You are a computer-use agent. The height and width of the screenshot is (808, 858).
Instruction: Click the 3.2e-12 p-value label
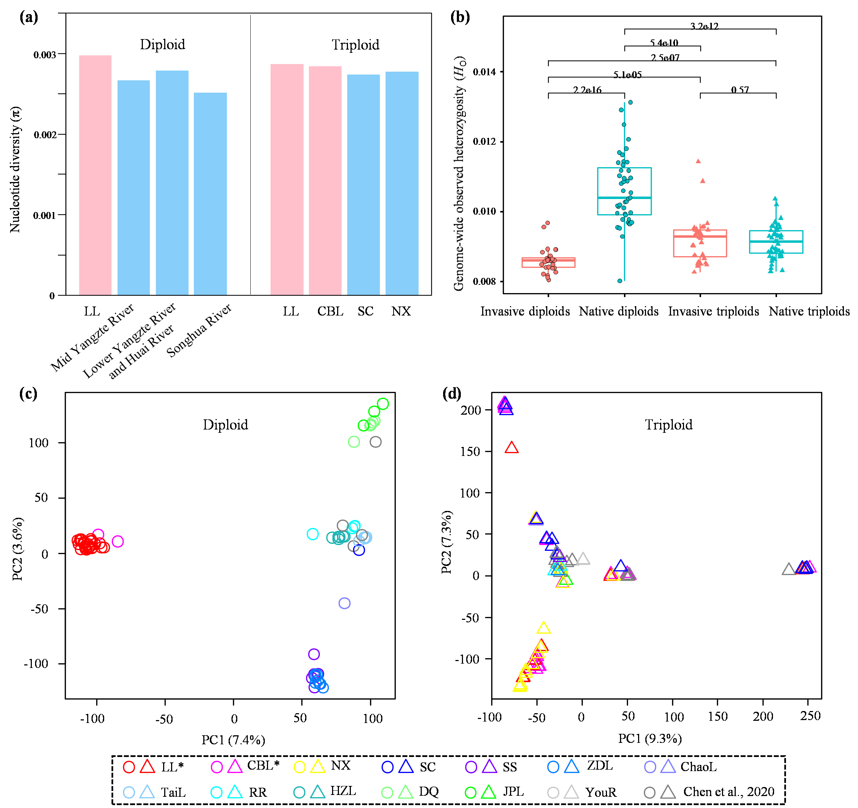pyautogui.click(x=704, y=26)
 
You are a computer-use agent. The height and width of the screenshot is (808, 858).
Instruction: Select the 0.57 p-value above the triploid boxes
pyautogui.click(x=740, y=90)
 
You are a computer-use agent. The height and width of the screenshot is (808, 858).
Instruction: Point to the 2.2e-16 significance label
pyautogui.click(x=587, y=90)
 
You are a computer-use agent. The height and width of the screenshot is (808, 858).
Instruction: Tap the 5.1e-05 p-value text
pyautogui.click(x=627, y=75)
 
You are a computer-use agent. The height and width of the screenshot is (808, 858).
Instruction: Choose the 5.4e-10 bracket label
pyautogui.click(x=664, y=43)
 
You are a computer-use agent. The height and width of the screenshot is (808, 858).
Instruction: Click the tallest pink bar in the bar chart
pyautogui.click(x=95, y=175)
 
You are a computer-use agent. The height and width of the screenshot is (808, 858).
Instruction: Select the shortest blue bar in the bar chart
pyautogui.click(x=210, y=194)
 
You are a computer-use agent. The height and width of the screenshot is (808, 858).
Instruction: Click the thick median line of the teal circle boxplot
pyautogui.click(x=624, y=198)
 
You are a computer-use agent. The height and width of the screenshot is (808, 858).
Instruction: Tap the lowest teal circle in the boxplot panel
pyautogui.click(x=620, y=280)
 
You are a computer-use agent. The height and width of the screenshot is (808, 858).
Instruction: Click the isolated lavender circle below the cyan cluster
pyautogui.click(x=344, y=603)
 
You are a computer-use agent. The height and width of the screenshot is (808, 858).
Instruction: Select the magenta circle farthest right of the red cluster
pyautogui.click(x=118, y=541)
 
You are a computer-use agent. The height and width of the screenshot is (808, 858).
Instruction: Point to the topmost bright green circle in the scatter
pyautogui.click(x=383, y=403)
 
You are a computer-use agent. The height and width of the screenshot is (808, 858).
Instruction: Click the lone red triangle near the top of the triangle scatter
pyautogui.click(x=511, y=448)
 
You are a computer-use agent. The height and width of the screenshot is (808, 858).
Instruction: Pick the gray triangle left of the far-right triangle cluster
pyautogui.click(x=789, y=569)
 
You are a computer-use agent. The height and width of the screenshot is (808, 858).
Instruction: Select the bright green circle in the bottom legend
pyautogui.click(x=471, y=793)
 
